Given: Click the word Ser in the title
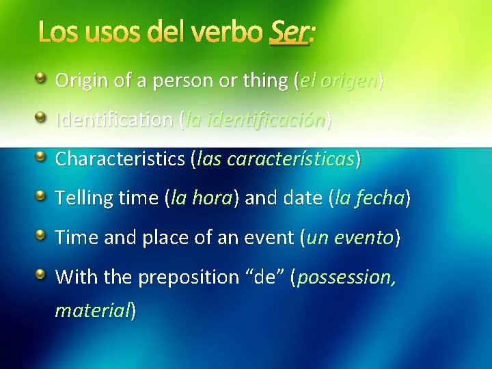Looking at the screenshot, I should (288, 31).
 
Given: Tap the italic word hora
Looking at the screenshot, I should (213, 199).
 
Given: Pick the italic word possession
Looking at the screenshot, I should (346, 278).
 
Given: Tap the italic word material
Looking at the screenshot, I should (92, 311).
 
